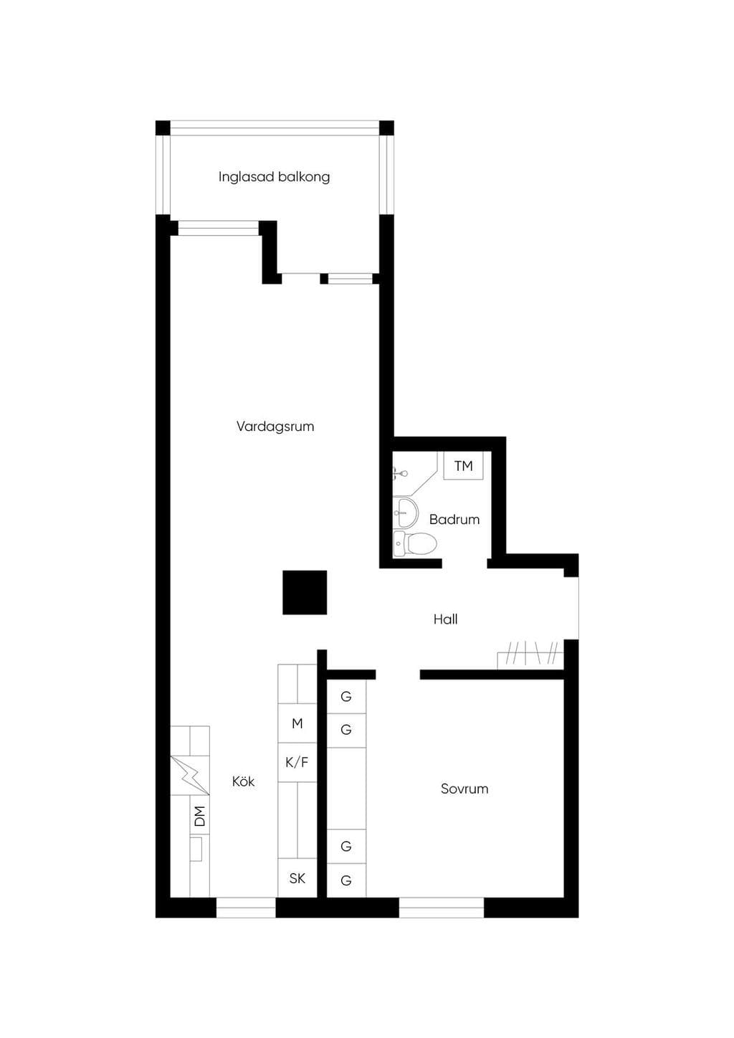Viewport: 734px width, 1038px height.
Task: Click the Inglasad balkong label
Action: (274, 177)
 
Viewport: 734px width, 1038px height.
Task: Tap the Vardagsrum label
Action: (275, 427)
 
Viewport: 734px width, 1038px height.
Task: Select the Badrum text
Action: (454, 520)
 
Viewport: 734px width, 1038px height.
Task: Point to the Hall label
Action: (445, 619)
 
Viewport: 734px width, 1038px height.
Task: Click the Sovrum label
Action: (464, 789)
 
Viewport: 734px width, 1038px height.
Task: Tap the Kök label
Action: (243, 781)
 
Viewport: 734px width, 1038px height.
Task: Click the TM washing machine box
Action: (463, 466)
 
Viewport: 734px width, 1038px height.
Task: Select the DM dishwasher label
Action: (199, 816)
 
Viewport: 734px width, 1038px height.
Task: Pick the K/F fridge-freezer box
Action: (297, 762)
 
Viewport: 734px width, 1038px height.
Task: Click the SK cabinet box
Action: (297, 877)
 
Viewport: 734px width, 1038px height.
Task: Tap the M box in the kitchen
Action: (297, 723)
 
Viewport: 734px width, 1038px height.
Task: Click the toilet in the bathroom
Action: (415, 543)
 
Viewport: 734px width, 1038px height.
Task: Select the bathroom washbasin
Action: (406, 513)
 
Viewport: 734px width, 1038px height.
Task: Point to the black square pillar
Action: (305, 592)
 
